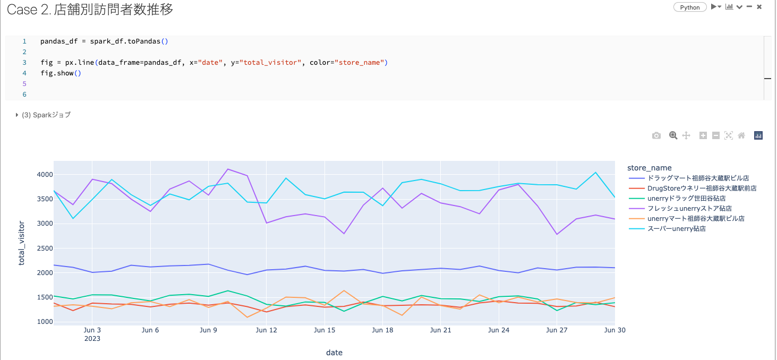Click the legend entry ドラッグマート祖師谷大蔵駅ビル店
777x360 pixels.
point(698,178)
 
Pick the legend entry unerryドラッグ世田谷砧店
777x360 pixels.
point(686,199)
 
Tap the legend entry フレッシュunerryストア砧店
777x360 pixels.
point(689,209)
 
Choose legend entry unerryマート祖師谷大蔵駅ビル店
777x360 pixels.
point(696,219)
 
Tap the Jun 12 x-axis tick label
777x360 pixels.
point(267,330)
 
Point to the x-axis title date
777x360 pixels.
point(334,353)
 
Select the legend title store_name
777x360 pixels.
point(649,168)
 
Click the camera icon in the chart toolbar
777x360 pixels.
point(656,136)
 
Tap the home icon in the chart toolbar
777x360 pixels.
point(741,136)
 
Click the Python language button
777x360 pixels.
point(690,7)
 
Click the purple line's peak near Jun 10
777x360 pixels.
point(228,169)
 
